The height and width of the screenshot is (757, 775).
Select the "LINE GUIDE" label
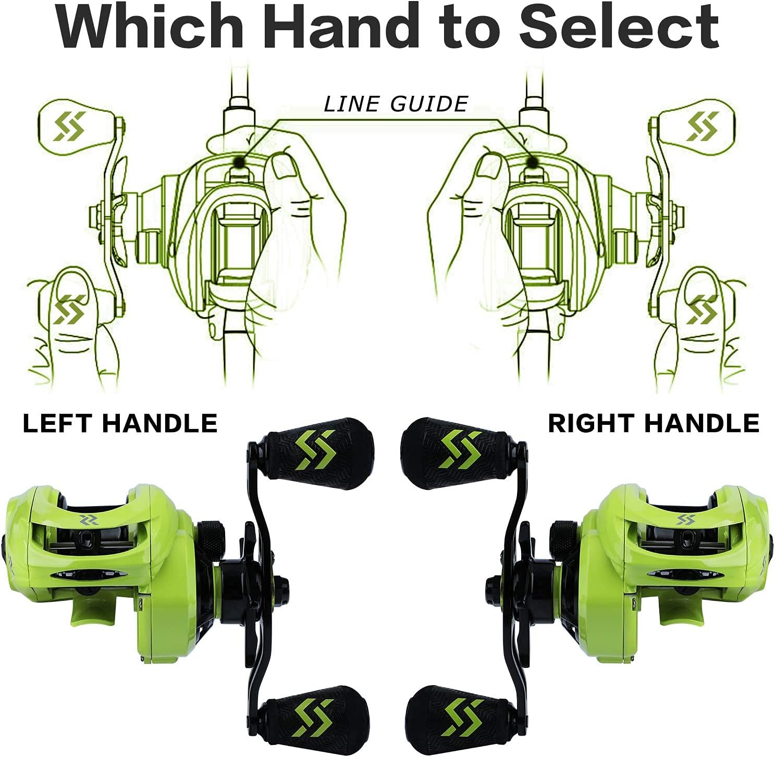coord(396,104)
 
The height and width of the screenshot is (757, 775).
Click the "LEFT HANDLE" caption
coord(120,423)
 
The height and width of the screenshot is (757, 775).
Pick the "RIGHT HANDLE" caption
coord(654,423)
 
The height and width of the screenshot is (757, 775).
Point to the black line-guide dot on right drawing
coord(533,162)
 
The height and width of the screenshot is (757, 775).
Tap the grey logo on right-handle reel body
coord(683,520)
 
